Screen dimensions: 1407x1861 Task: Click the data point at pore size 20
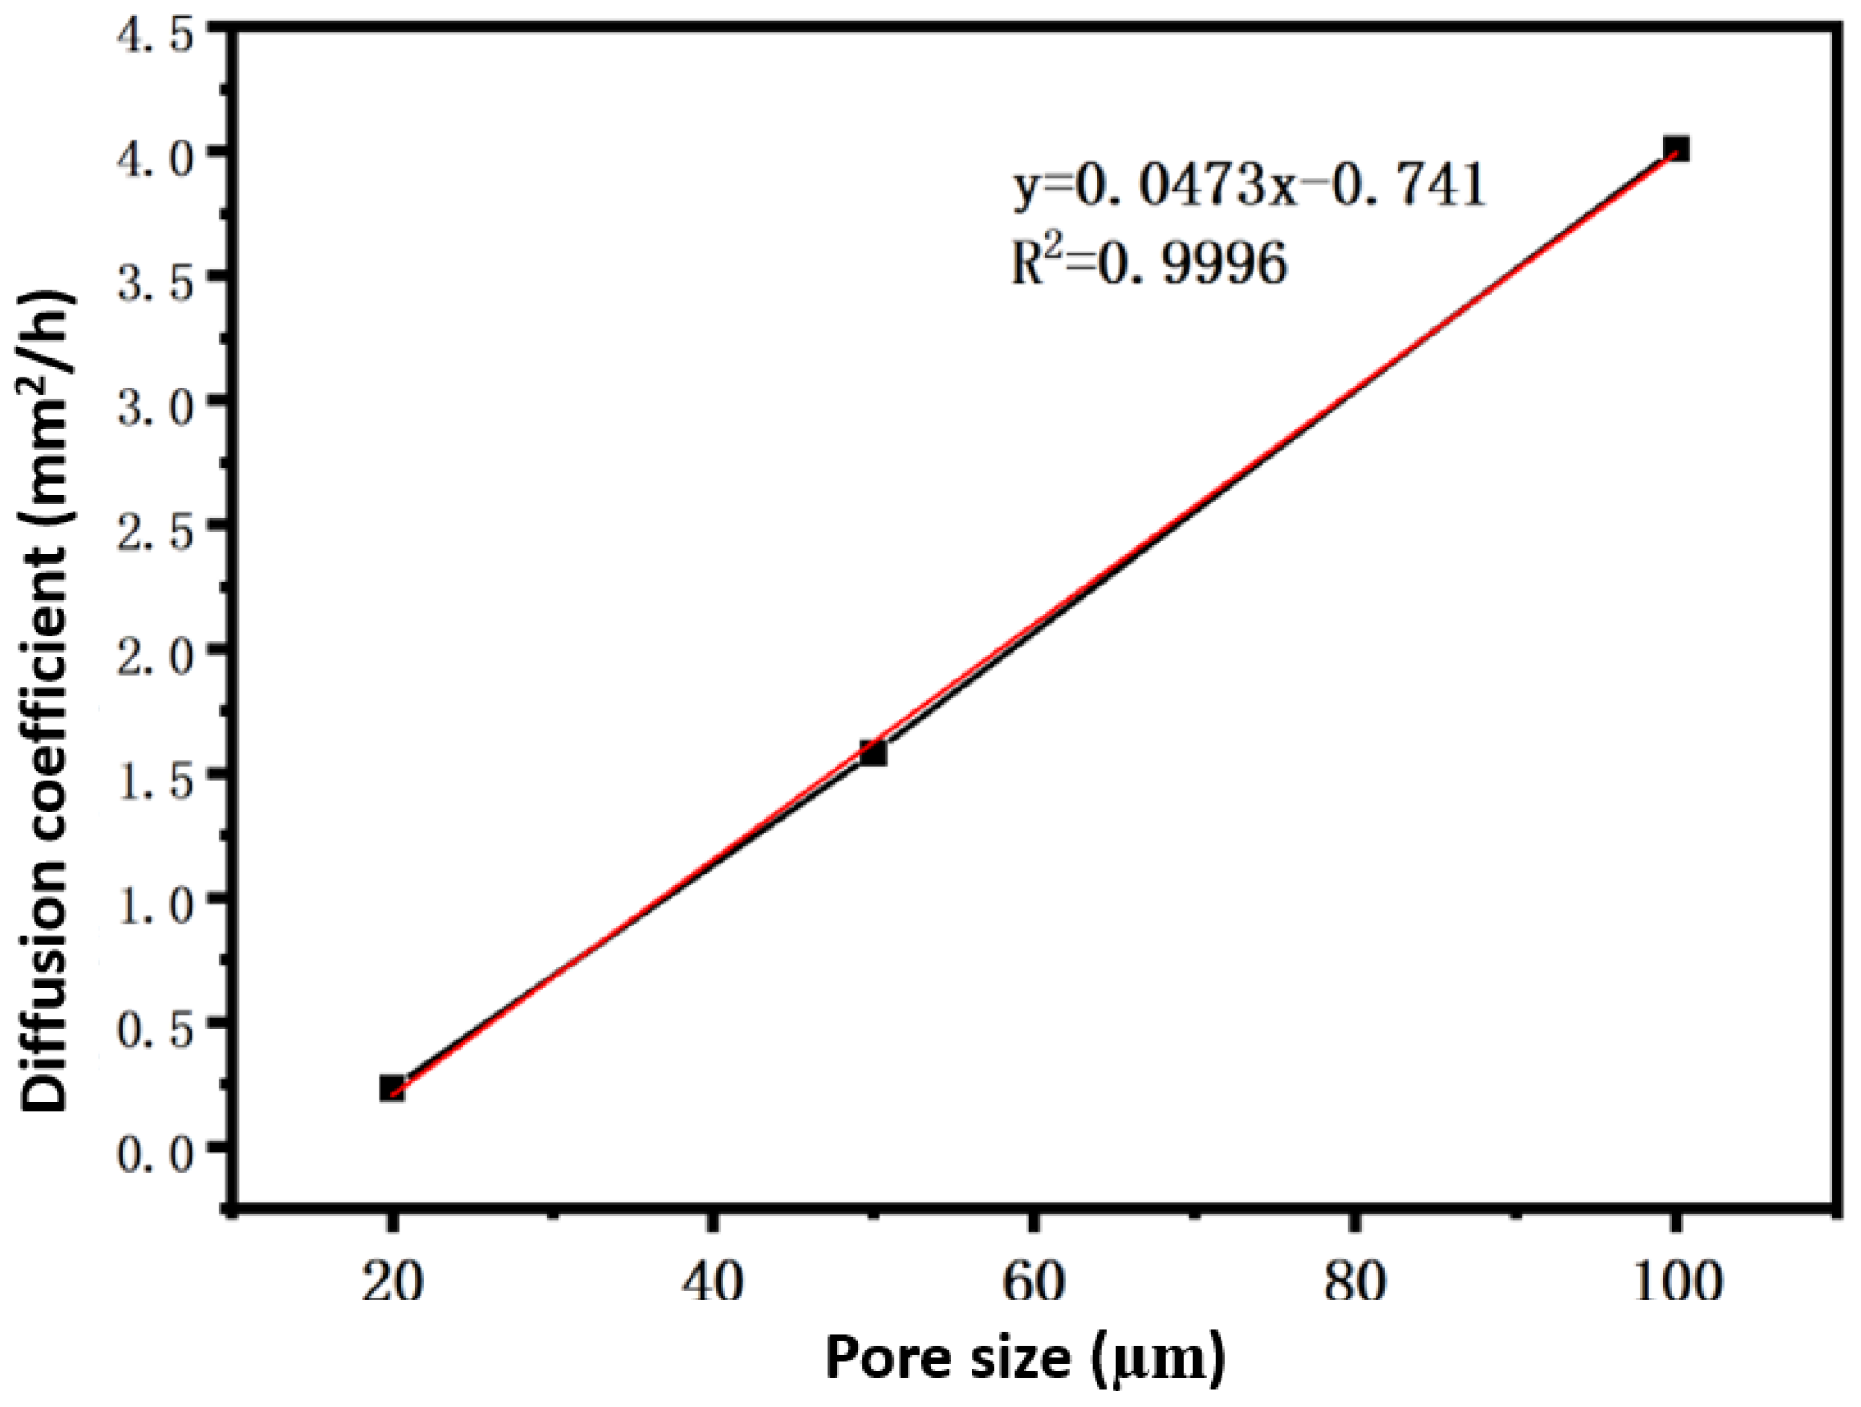pos(392,1088)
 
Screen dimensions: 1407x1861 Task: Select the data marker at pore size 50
pos(873,753)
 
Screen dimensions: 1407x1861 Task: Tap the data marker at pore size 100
pos(1676,149)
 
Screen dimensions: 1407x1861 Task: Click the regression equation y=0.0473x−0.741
pos(1250,186)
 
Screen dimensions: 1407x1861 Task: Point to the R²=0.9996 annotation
pos(1149,264)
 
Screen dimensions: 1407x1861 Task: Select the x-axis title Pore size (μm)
pos(1025,1359)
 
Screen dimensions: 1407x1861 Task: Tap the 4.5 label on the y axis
pos(155,36)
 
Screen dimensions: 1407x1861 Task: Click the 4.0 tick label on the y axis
pos(155,158)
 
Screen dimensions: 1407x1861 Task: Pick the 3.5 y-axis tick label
pos(155,283)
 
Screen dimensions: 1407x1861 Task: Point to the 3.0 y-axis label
pos(155,407)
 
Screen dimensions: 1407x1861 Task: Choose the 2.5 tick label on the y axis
pos(155,532)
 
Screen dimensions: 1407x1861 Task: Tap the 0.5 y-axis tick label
pos(155,1030)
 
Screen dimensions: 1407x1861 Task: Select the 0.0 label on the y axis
pos(155,1154)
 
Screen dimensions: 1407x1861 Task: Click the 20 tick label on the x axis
pos(392,1282)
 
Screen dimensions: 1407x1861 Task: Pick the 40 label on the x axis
pos(713,1282)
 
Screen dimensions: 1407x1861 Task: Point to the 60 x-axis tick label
pos(1034,1282)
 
